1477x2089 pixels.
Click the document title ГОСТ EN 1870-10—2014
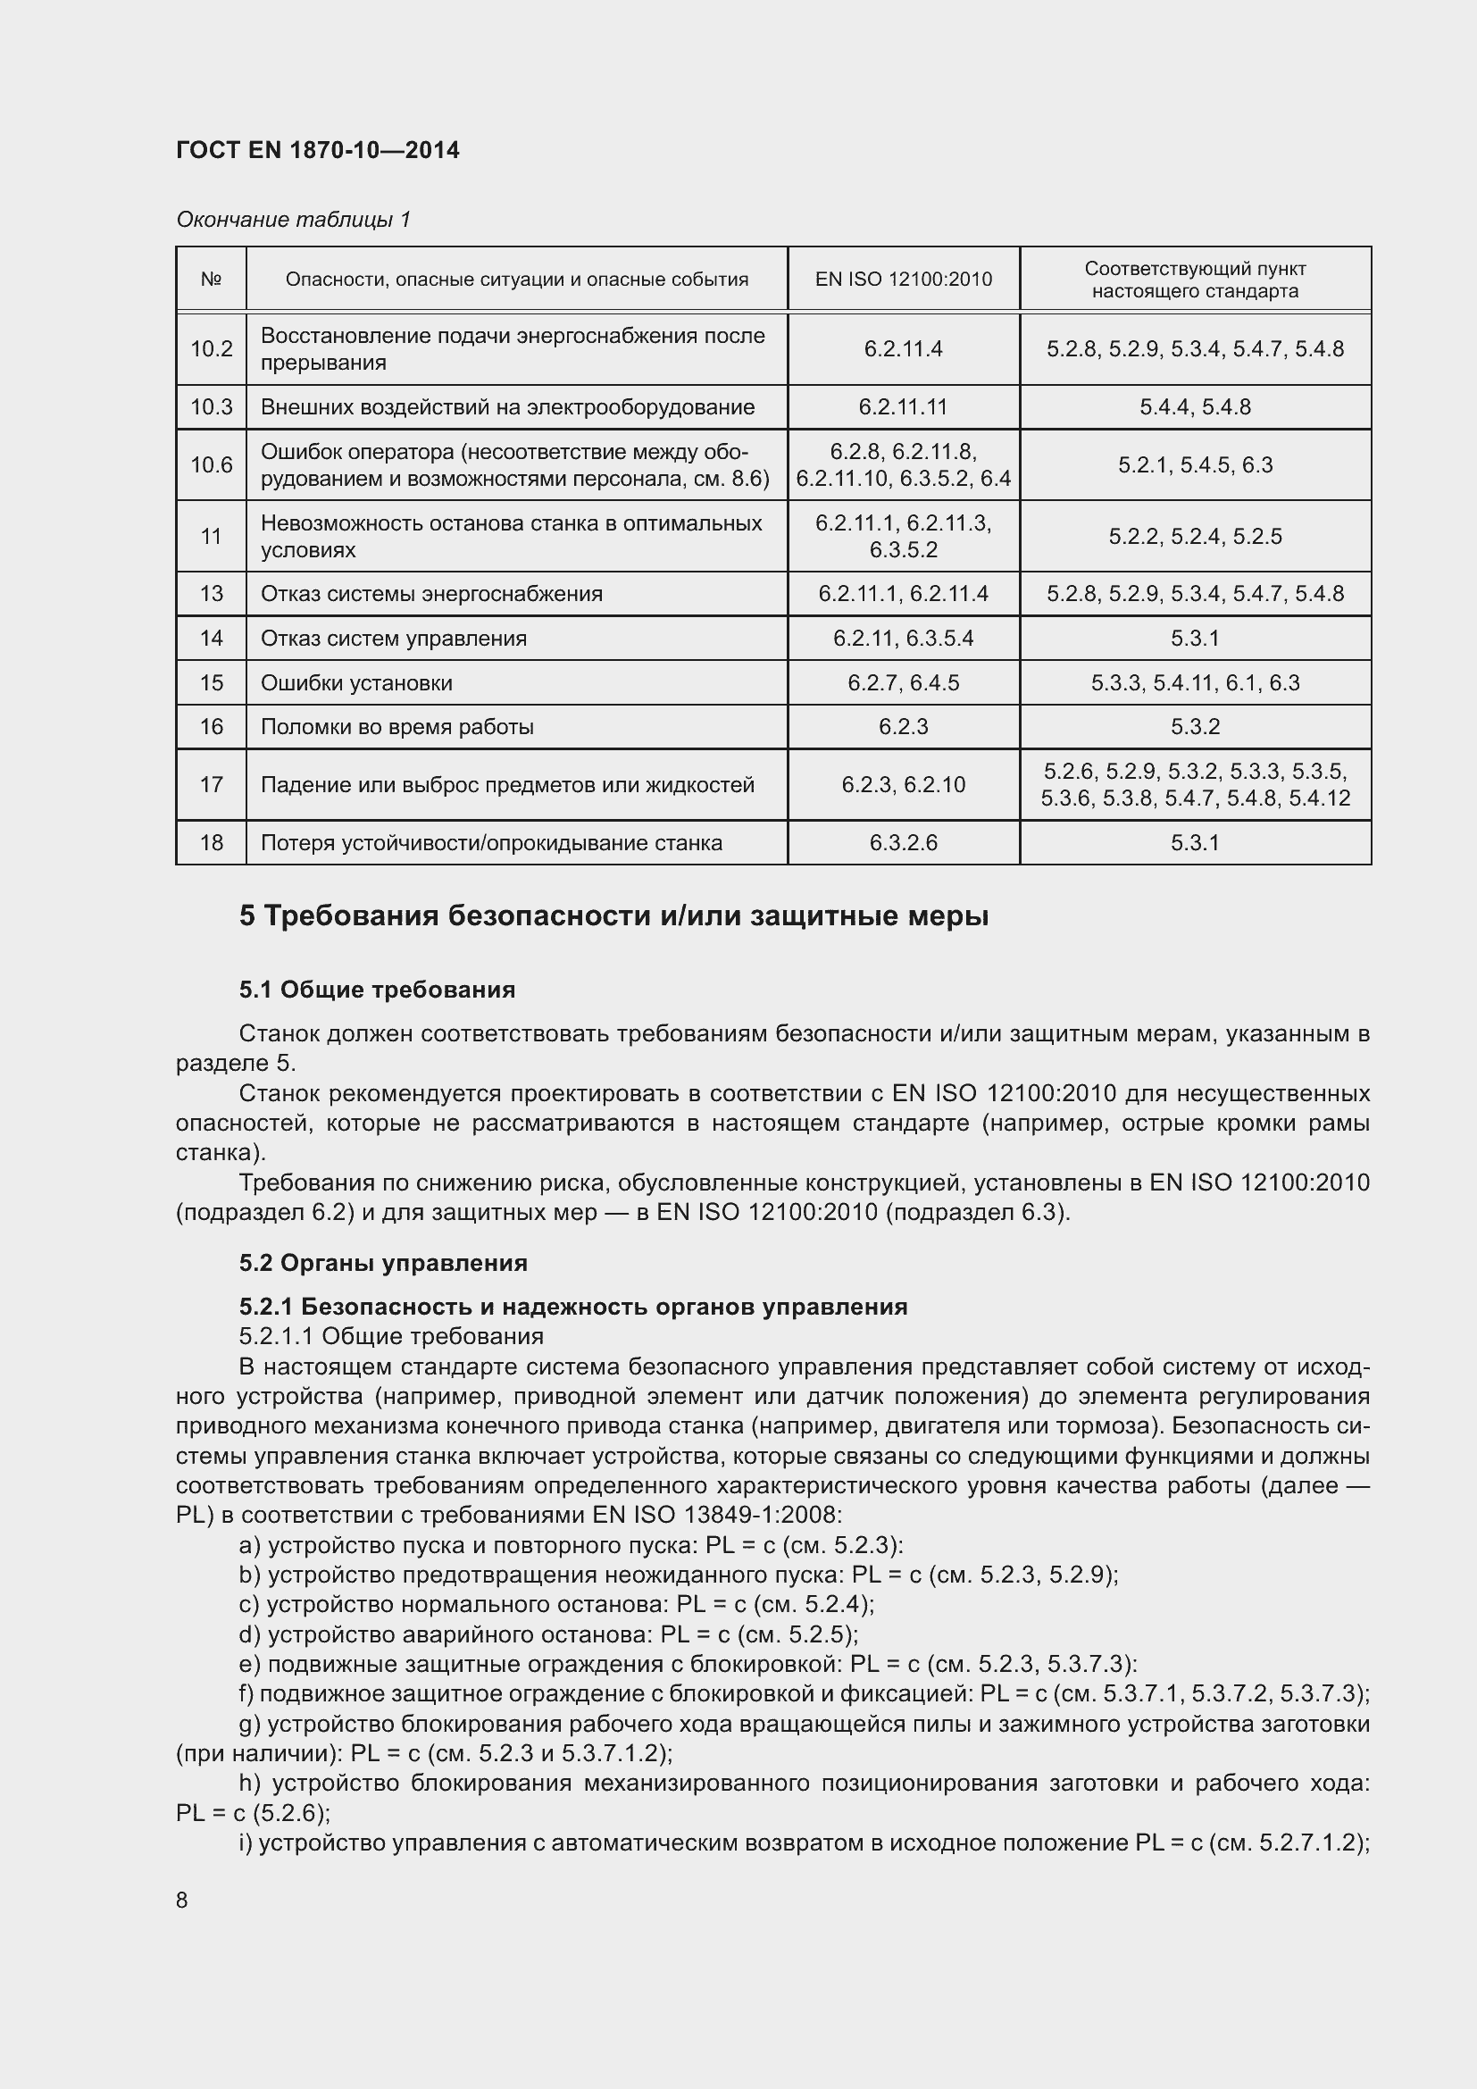point(317,151)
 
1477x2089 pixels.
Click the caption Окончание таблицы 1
point(293,220)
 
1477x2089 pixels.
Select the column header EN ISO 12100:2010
point(903,280)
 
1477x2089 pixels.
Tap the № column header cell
point(211,280)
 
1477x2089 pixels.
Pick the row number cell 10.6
point(211,465)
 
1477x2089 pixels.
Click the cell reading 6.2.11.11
point(903,406)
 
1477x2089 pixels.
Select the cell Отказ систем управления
point(394,638)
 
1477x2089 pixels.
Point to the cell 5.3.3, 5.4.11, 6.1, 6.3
point(1195,682)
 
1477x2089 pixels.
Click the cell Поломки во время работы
point(397,727)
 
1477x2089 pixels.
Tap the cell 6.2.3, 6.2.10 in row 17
point(903,784)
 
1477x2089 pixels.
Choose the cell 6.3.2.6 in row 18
point(903,842)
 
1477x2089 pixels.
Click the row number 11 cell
point(211,536)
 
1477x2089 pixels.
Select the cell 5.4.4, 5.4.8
point(1195,406)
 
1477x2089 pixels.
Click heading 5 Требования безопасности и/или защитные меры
point(613,916)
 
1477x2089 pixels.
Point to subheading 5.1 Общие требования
point(378,990)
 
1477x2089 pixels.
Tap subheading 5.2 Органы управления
point(383,1263)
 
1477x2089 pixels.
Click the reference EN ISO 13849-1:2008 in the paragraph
point(717,1515)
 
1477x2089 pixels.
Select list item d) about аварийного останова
point(548,1634)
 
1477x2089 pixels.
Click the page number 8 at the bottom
point(182,1901)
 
